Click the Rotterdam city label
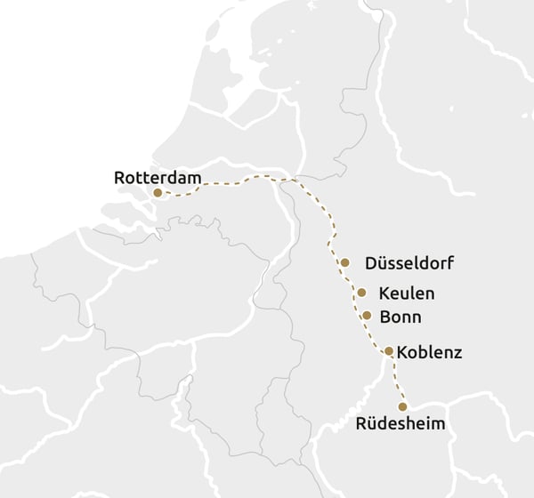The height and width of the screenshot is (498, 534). [x=158, y=177]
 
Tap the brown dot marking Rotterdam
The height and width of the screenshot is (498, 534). [x=158, y=192]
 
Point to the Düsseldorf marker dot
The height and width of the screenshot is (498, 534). [x=344, y=262]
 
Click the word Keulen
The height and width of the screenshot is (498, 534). [x=407, y=293]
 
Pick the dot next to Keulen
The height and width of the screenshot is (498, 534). [x=361, y=292]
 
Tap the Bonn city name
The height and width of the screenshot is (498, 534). [x=400, y=316]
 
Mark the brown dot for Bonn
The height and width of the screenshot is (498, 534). [x=367, y=315]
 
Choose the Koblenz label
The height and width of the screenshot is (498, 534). [x=429, y=352]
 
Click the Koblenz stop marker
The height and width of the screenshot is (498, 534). [x=389, y=351]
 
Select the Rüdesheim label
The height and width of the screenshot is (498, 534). [x=400, y=424]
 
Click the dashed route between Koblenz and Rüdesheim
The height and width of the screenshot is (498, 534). [x=395, y=378]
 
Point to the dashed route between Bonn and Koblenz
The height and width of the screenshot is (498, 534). [x=377, y=333]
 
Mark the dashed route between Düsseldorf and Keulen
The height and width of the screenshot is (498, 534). [x=353, y=277]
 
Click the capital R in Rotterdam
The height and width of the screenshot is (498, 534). [x=120, y=178]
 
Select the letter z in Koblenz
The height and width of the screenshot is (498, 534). [x=457, y=353]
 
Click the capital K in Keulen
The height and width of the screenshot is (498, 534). [x=384, y=293]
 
